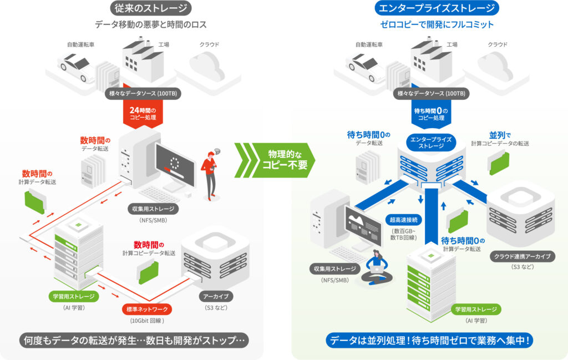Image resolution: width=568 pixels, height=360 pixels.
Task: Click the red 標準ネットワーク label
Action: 147,309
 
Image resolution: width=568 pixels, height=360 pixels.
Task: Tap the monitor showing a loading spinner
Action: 175,165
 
